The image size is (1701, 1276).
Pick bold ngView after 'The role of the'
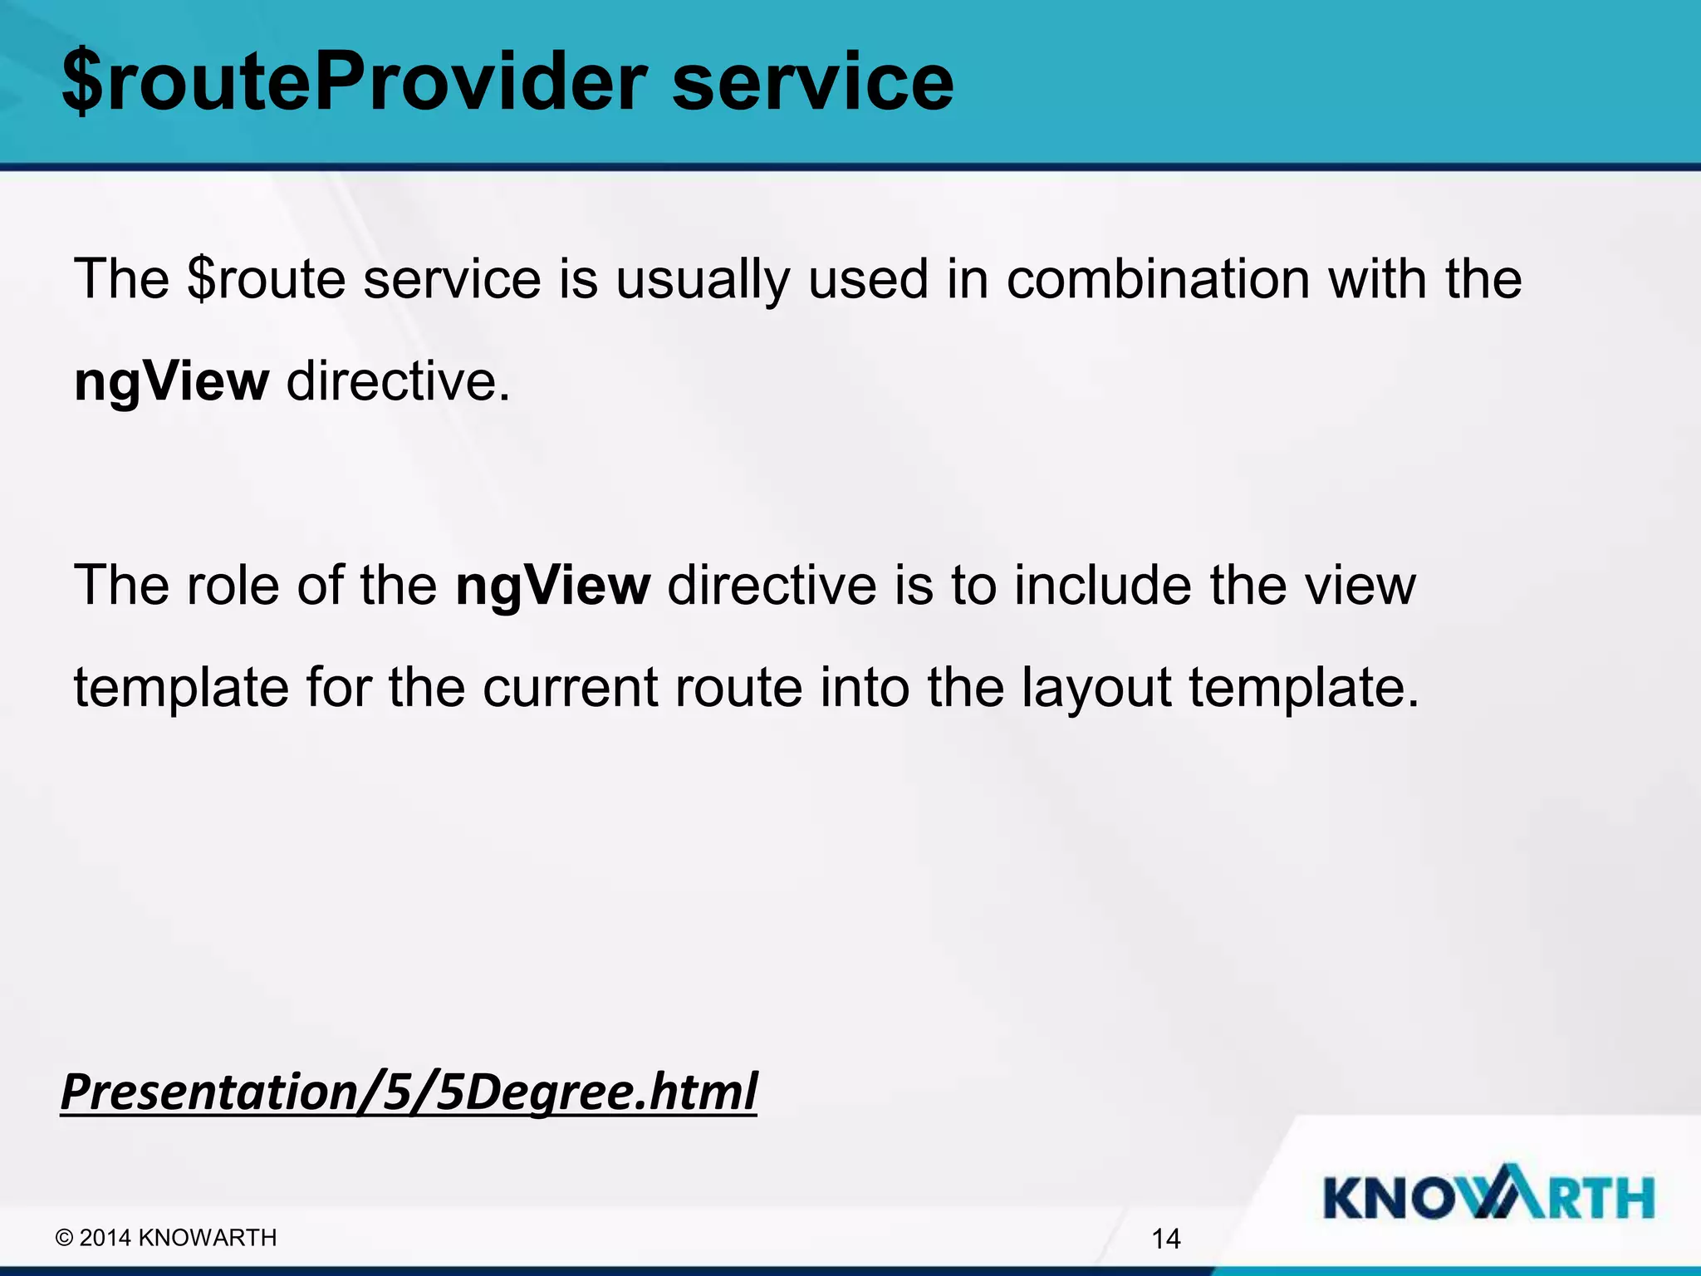tap(552, 586)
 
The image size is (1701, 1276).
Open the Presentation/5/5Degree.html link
tap(409, 1092)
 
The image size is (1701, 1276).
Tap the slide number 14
tap(1166, 1239)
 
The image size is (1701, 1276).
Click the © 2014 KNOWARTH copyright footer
tap(166, 1238)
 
